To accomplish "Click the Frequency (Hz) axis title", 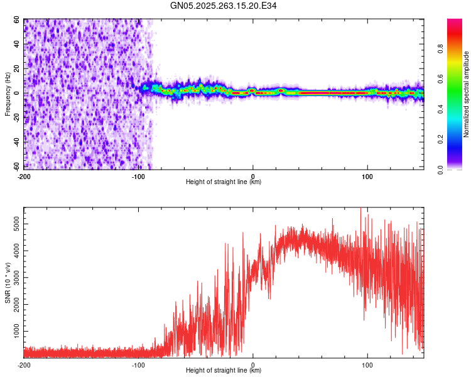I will (x=8, y=94).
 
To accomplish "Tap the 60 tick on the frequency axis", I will (x=17, y=19).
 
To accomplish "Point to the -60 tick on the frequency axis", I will (x=16, y=167).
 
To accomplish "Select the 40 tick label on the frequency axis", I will (x=17, y=44).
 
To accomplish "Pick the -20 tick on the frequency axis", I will (x=16, y=118).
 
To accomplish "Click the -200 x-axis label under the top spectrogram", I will (x=24, y=175).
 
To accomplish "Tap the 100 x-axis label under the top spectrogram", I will (x=367, y=175).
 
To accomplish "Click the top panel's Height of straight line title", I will (x=224, y=182).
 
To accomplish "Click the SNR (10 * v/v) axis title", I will (x=8, y=283).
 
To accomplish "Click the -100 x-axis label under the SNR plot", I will (x=138, y=364).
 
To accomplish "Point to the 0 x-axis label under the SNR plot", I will (x=253, y=364).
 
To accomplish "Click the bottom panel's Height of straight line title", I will (x=224, y=371).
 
